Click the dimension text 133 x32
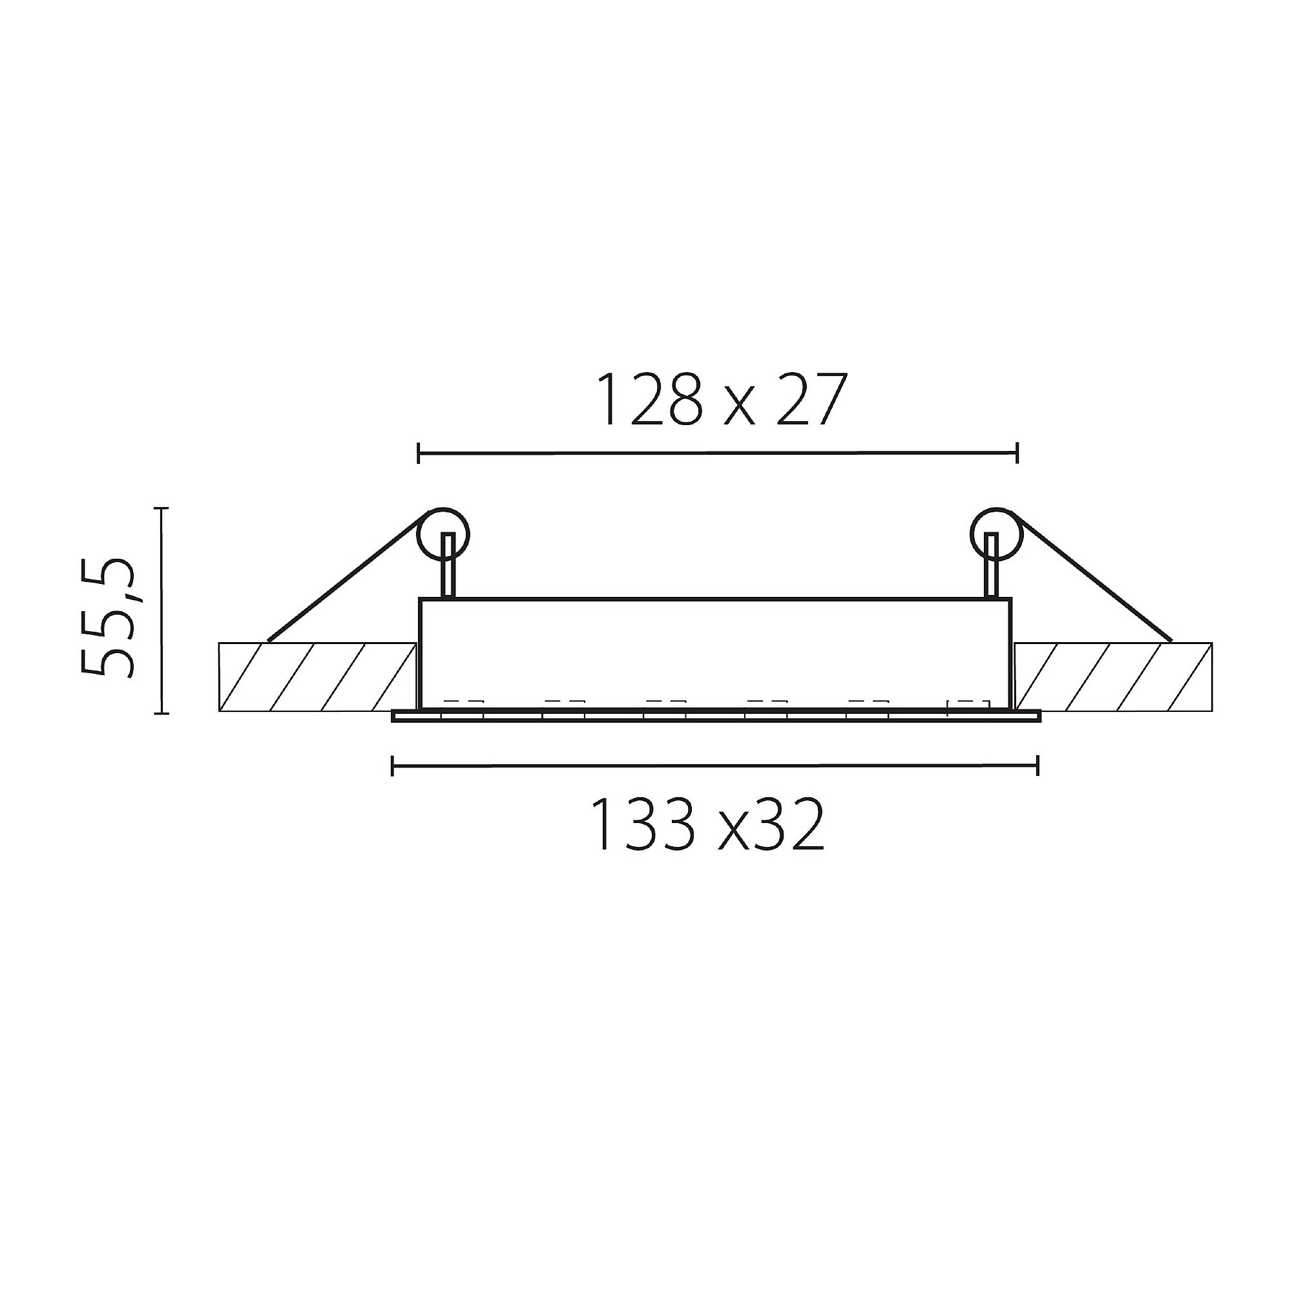coord(707,824)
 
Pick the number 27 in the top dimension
coord(806,400)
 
